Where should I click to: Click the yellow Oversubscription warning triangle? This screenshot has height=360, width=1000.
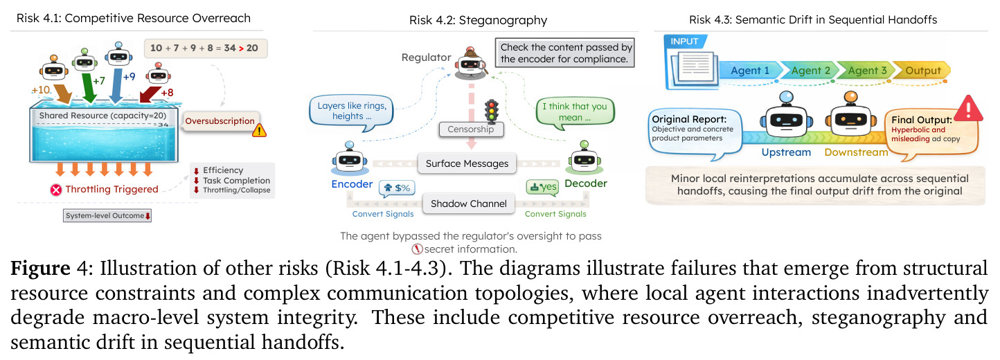(x=259, y=130)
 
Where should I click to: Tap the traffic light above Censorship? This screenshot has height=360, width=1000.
(x=492, y=110)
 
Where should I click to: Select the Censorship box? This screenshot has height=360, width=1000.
(x=471, y=129)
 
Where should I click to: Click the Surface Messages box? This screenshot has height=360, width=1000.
(x=467, y=163)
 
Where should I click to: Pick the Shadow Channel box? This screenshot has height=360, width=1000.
(x=469, y=204)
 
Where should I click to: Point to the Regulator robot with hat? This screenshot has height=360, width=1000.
(x=471, y=63)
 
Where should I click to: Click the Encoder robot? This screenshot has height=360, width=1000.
(x=350, y=159)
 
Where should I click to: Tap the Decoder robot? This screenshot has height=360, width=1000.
(x=584, y=157)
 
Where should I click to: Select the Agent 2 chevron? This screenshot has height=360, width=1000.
(x=808, y=71)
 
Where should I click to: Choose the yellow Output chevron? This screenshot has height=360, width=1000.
(x=921, y=71)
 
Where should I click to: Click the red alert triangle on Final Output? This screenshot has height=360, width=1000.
(x=968, y=108)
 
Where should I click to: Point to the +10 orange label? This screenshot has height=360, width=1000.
(x=41, y=90)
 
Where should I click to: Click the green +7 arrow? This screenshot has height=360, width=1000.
(x=89, y=87)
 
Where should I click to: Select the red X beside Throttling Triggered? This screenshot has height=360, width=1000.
(x=56, y=190)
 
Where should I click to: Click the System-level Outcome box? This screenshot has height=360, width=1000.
(x=107, y=215)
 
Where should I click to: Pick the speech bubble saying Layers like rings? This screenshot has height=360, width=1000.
(x=351, y=112)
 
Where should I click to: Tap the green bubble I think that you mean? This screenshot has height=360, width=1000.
(x=575, y=112)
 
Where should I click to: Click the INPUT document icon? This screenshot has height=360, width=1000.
(x=693, y=68)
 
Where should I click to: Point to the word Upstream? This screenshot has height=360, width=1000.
(x=786, y=152)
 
